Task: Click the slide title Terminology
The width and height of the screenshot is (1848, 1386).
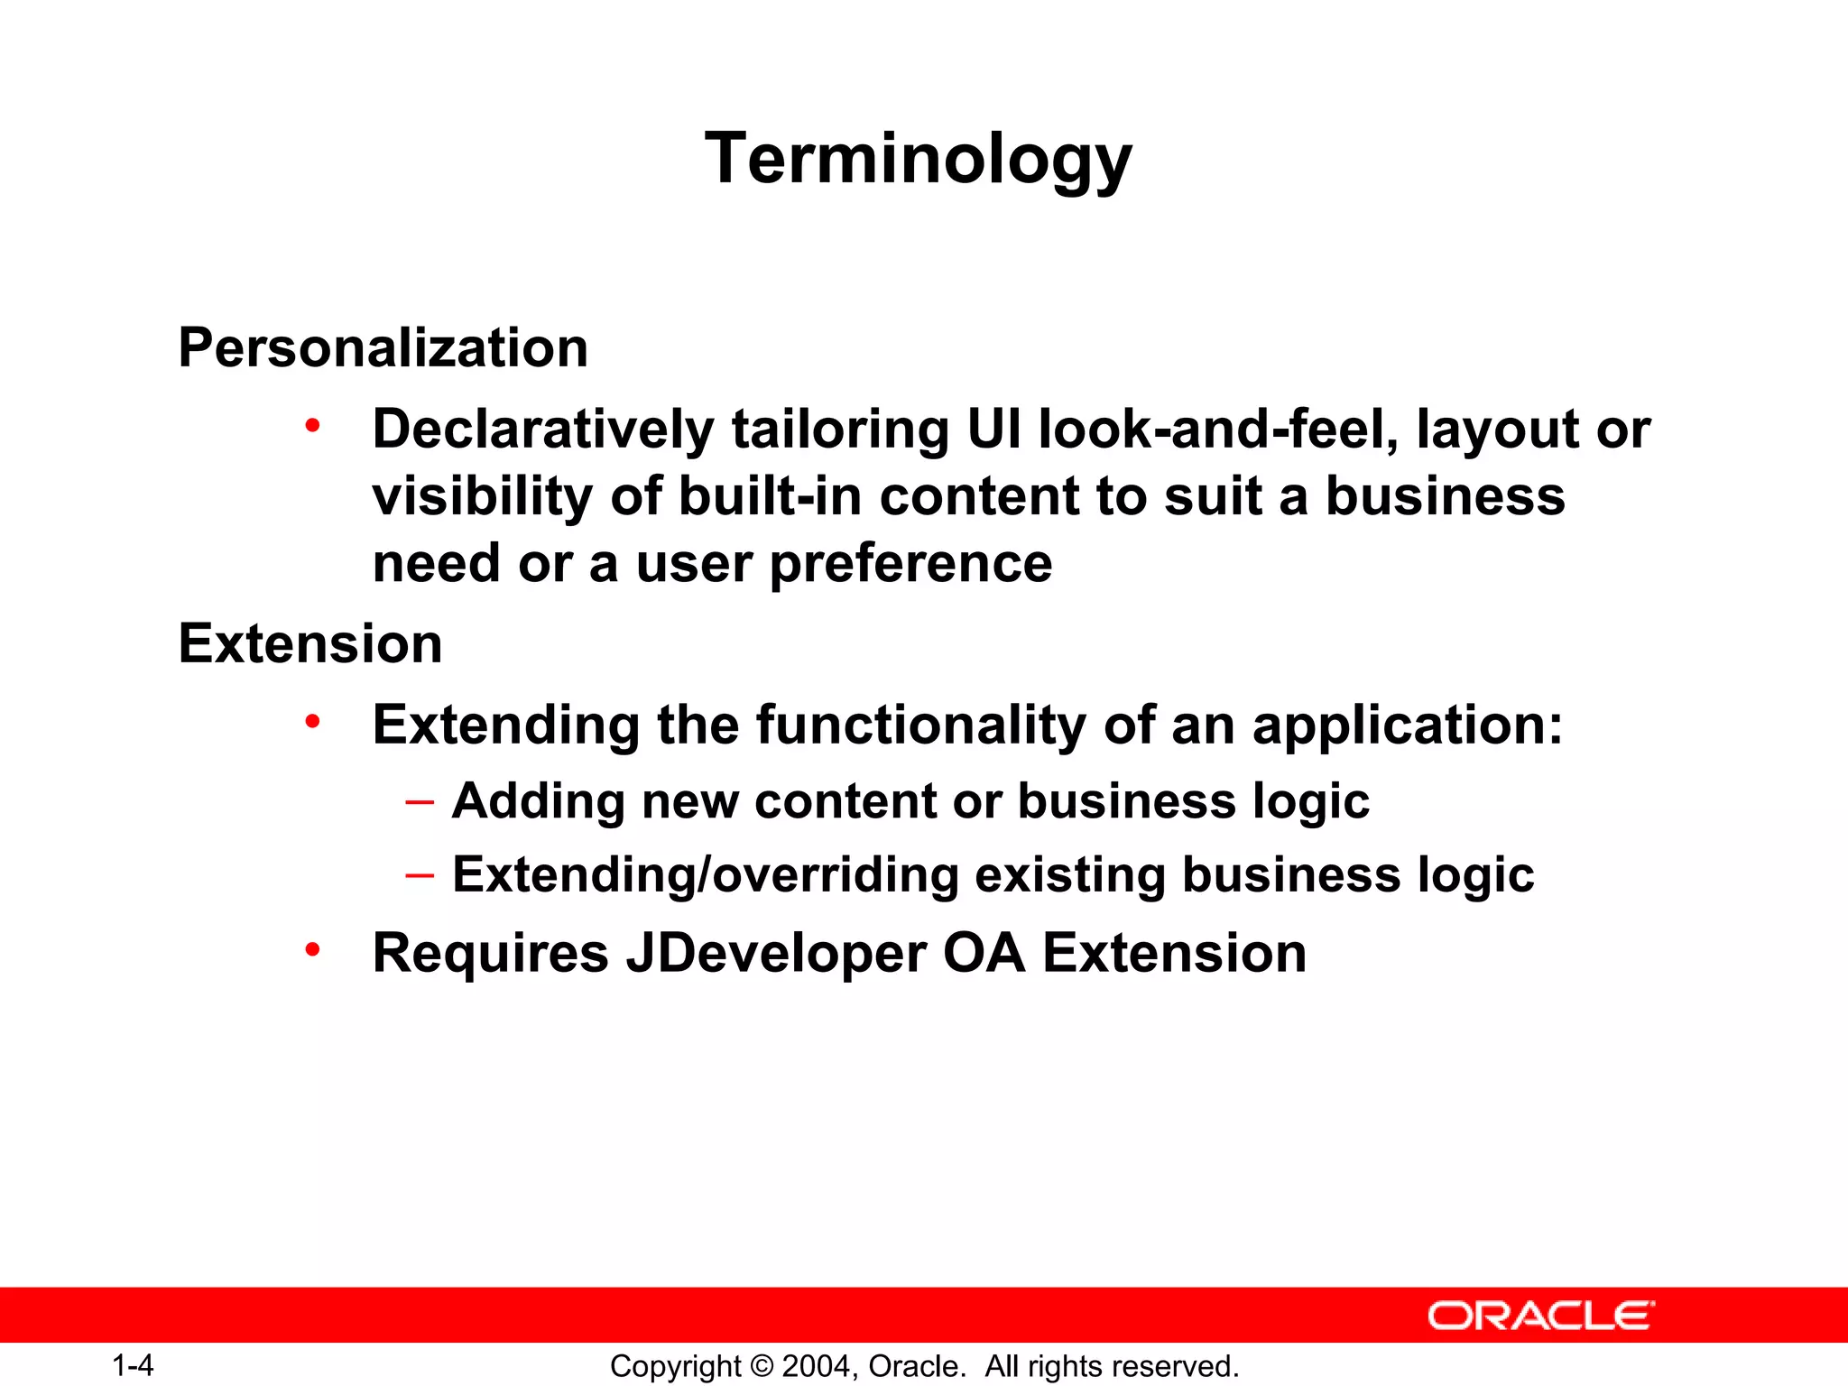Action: [918, 159]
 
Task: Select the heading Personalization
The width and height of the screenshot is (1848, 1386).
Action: [383, 348]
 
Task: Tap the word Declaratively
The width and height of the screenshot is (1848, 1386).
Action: [543, 430]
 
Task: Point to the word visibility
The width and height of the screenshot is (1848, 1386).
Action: [483, 497]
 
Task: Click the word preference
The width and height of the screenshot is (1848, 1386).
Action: [910, 565]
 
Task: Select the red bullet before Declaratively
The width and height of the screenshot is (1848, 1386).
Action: [312, 425]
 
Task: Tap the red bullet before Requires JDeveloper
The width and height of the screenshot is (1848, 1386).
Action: [312, 949]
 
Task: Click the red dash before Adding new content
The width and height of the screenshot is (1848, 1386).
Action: [420, 801]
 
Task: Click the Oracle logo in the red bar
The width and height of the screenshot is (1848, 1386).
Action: [1540, 1316]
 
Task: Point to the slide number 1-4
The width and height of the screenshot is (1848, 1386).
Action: [133, 1365]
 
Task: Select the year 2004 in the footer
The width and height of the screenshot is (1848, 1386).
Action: [816, 1366]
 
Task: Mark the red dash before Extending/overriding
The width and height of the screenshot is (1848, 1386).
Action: [420, 875]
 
